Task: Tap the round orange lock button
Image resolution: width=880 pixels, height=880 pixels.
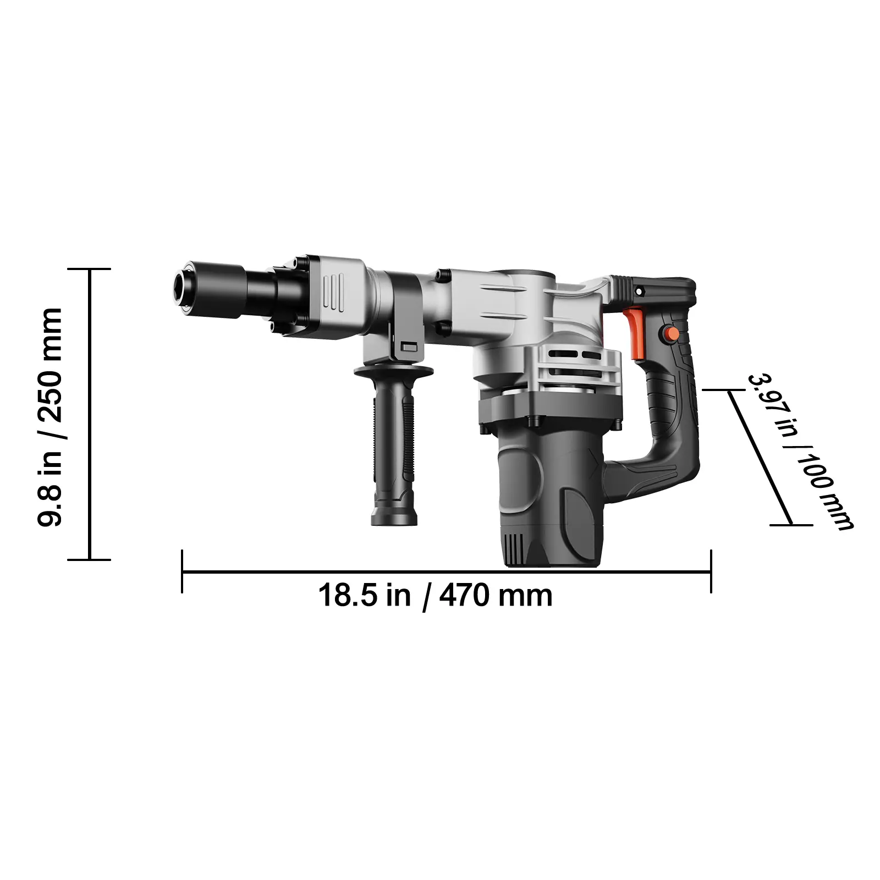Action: (670, 333)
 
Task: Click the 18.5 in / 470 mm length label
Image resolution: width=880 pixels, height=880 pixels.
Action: (436, 596)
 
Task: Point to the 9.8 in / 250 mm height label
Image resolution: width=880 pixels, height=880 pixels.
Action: (50, 417)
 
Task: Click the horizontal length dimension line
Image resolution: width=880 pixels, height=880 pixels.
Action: (446, 572)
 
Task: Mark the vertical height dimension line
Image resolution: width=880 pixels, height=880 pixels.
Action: (90, 415)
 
